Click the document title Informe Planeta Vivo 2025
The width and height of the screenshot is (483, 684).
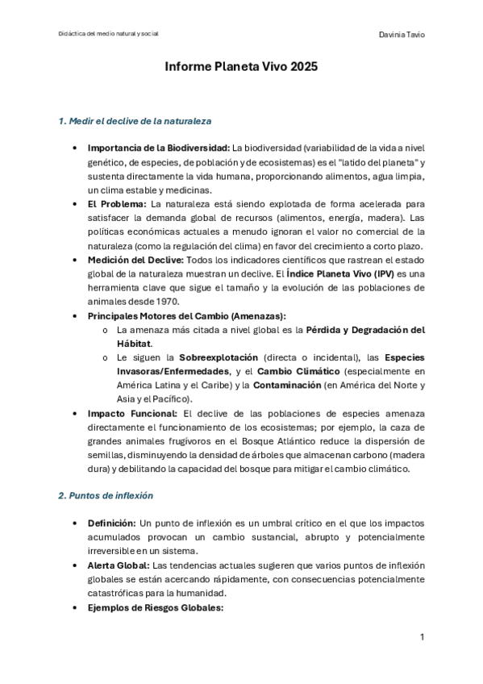click(x=241, y=69)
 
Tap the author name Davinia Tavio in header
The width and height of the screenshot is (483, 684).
click(x=402, y=35)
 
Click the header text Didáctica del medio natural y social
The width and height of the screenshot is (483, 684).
click(x=109, y=34)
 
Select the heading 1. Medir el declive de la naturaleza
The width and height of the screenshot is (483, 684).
click(x=135, y=122)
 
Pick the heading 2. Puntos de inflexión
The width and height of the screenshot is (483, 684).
click(x=105, y=495)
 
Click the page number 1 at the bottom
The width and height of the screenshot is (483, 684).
click(x=422, y=637)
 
